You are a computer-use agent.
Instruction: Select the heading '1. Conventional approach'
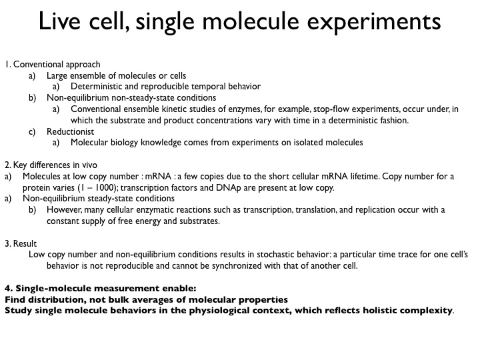coord(53,65)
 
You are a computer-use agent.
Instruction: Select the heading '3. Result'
coord(21,243)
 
